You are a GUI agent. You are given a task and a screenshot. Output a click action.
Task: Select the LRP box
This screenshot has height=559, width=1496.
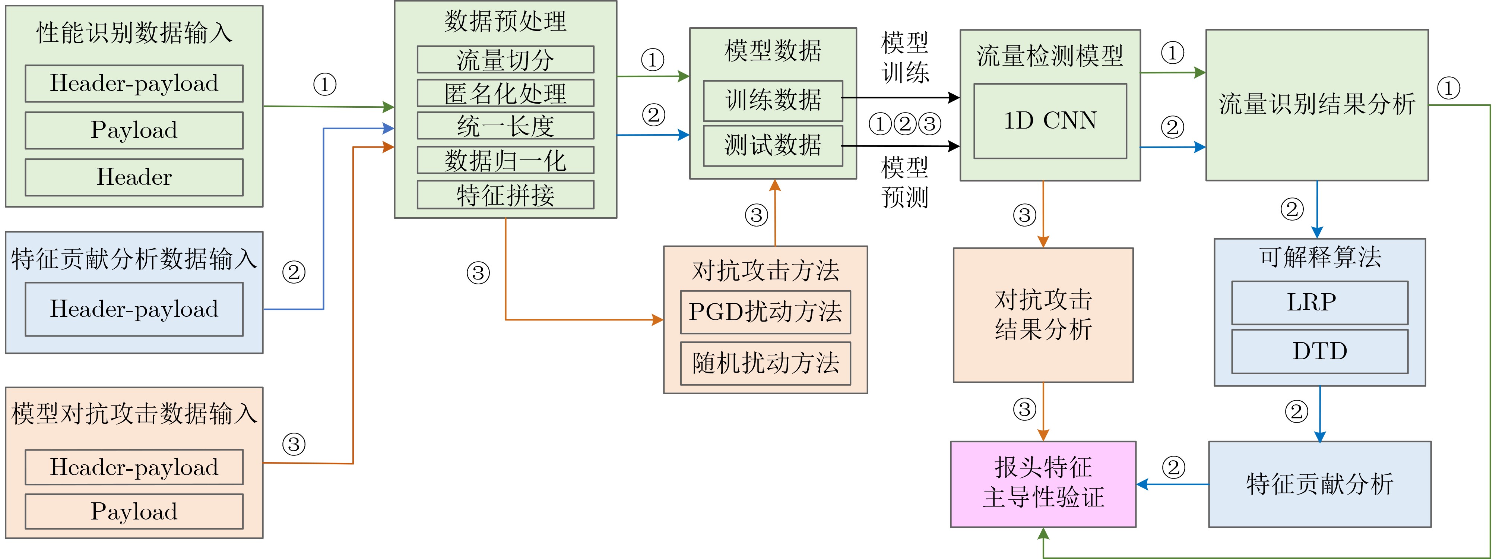click(1319, 303)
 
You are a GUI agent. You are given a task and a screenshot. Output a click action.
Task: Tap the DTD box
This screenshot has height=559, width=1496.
click(1319, 351)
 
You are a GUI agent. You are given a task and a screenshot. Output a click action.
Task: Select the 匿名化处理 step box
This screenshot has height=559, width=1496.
click(505, 93)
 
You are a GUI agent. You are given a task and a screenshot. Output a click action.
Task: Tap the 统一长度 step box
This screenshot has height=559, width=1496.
click(505, 126)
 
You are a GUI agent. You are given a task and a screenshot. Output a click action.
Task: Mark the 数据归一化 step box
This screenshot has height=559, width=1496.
click(505, 160)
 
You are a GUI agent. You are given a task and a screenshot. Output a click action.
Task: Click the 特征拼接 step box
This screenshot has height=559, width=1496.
click(505, 195)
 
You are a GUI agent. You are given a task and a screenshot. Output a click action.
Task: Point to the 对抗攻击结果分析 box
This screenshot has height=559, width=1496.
click(1043, 315)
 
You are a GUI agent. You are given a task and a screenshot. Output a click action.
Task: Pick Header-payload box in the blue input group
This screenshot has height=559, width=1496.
click(134, 309)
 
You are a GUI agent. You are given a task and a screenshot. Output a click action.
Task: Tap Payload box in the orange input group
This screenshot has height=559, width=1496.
click(134, 511)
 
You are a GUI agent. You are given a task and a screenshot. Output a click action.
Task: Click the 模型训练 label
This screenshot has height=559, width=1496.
click(905, 57)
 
